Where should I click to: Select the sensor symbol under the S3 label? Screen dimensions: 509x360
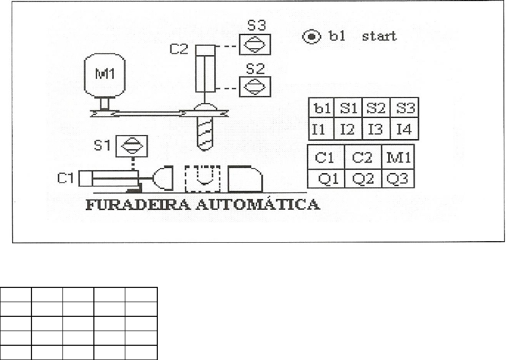[254, 45]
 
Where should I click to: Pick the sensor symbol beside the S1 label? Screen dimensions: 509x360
[131, 147]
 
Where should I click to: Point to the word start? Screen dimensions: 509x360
[379, 36]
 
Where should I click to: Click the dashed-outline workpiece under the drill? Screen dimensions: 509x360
[202, 179]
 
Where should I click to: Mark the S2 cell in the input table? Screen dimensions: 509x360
[377, 109]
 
